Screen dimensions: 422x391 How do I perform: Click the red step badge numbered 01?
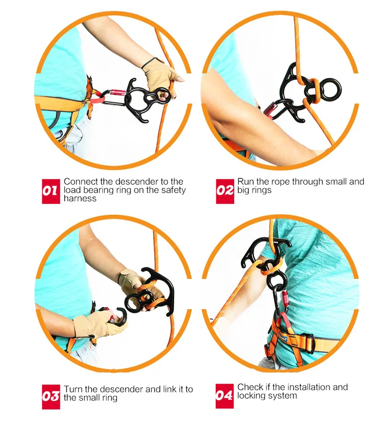point(51,190)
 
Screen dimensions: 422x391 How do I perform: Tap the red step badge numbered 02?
point(225,190)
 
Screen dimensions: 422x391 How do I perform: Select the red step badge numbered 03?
point(51,396)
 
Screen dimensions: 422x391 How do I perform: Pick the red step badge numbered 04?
point(225,396)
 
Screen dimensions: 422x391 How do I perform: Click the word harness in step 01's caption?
point(80,198)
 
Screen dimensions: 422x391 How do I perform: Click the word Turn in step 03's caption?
point(73,389)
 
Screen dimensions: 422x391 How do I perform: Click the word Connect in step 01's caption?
point(81,182)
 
